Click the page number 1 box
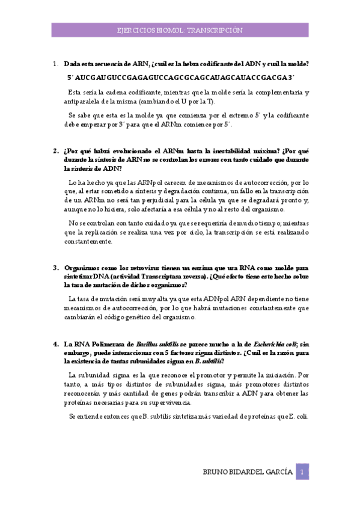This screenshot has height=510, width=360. [304, 471]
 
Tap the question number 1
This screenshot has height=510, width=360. [55, 63]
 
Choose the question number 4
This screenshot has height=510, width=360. [55, 345]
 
